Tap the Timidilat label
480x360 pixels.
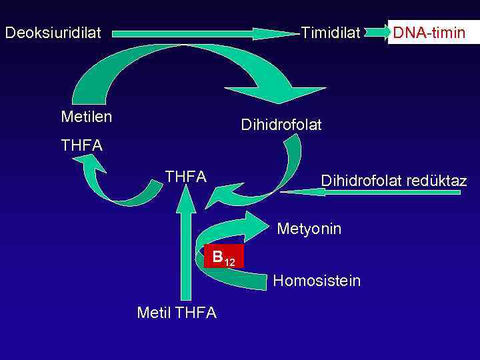pyautogui.click(x=331, y=32)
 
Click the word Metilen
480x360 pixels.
pyautogui.click(x=86, y=117)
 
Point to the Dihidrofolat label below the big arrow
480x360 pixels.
pyautogui.click(x=281, y=125)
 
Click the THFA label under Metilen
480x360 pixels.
pyautogui.click(x=81, y=145)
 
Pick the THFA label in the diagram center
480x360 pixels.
pyautogui.click(x=185, y=177)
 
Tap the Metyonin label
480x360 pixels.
pyautogui.click(x=309, y=229)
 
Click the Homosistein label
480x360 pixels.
pyautogui.click(x=317, y=281)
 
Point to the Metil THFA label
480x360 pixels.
pyautogui.click(x=176, y=313)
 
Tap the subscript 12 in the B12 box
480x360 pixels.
pyautogui.click(x=229, y=261)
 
